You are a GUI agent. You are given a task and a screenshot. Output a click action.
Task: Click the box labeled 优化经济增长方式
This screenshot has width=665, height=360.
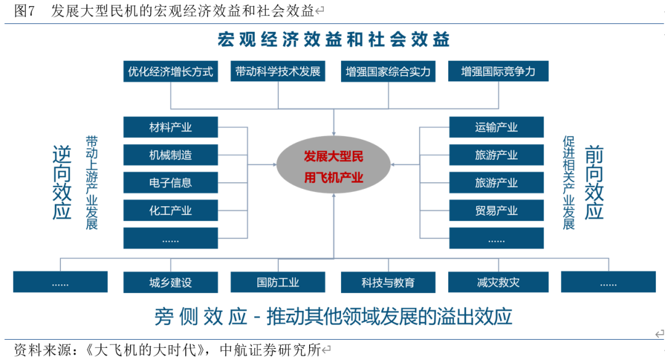[x=171, y=71]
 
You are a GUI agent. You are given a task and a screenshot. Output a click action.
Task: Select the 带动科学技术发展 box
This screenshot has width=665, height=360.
[x=278, y=71]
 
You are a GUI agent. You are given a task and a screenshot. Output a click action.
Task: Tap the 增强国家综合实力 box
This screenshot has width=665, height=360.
[x=388, y=71]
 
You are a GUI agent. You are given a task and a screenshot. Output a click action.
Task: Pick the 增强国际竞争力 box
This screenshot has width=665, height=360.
[x=498, y=71]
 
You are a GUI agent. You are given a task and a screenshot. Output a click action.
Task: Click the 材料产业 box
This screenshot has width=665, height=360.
[x=171, y=127]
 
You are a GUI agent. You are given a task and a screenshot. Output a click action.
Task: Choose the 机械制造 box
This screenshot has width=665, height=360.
[x=171, y=155]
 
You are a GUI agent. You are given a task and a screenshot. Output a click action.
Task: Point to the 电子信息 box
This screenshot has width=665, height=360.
[x=171, y=183]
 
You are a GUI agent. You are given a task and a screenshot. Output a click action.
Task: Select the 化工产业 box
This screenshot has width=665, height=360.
[x=171, y=210]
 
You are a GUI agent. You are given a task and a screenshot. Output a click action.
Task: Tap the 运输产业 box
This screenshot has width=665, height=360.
[x=496, y=127]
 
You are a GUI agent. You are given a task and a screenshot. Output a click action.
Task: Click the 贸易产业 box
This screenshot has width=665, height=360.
[x=496, y=210]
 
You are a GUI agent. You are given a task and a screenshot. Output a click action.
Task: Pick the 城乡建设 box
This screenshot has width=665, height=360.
[x=171, y=282]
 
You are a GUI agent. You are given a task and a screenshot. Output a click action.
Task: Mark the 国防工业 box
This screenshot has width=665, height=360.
[x=278, y=282]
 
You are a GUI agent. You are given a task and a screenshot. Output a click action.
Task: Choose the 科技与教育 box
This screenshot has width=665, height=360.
[x=388, y=282]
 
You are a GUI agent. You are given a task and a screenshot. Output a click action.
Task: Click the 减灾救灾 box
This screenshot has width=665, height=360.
[x=498, y=282]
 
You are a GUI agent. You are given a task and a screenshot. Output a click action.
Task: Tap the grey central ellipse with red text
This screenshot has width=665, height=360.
[x=333, y=165]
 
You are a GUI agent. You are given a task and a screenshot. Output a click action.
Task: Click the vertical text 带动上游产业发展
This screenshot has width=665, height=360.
[x=92, y=183]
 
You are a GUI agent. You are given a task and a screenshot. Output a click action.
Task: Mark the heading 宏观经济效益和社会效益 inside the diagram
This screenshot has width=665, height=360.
[x=333, y=39]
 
